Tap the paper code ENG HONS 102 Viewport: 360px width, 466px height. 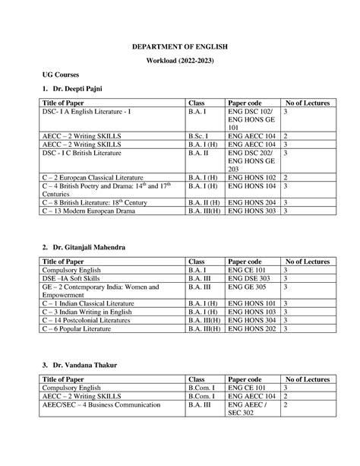pyautogui.click(x=252, y=177)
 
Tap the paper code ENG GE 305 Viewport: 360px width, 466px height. pyautogui.click(x=247, y=288)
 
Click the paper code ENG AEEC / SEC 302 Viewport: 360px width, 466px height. pyautogui.click(x=247, y=410)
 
